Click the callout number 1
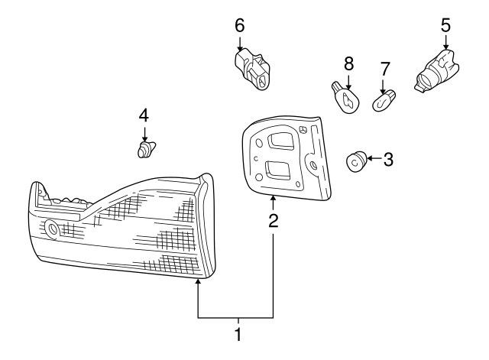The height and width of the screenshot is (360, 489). [238, 335]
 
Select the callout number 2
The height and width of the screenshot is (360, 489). [274, 221]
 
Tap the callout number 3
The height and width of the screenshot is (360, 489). [388, 160]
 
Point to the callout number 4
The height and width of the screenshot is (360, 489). [144, 115]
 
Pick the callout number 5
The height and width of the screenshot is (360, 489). [445, 25]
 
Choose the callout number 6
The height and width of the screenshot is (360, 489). [239, 25]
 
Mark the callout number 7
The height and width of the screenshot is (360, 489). [385, 70]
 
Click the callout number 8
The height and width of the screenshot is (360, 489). [348, 63]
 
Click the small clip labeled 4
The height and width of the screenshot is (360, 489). [146, 150]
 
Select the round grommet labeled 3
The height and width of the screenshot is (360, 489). [357, 161]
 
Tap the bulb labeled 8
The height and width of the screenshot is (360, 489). [345, 97]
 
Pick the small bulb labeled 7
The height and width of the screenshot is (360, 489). [384, 100]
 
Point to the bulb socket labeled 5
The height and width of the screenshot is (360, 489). [436, 71]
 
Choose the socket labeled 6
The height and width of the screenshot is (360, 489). [252, 69]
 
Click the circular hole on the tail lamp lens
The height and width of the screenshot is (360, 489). [51, 229]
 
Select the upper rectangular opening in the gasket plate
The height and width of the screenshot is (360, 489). [280, 140]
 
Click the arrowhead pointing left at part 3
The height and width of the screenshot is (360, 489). [370, 158]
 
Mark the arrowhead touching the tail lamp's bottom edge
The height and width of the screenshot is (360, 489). [198, 282]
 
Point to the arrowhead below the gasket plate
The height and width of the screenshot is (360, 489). [274, 198]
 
